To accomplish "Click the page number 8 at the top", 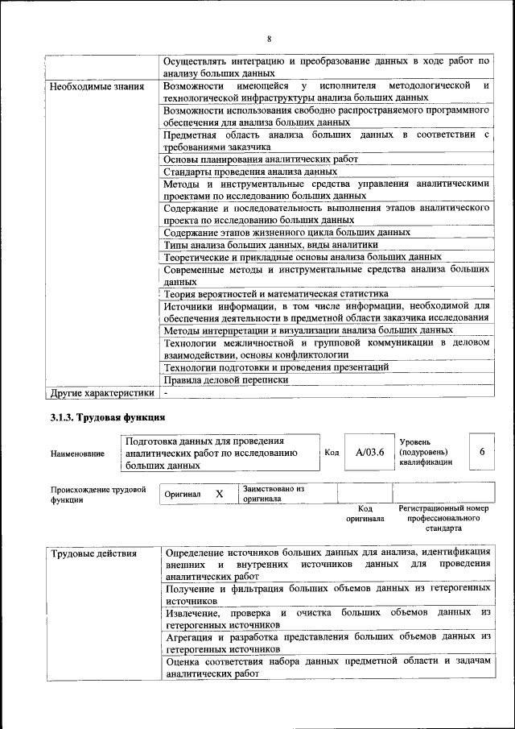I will click(x=269, y=38).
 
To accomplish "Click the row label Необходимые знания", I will click(x=97, y=85).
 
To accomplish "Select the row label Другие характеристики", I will click(x=101, y=393).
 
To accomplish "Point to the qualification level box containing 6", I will click(x=482, y=453).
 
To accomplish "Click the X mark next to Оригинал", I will click(x=219, y=493).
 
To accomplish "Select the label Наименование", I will click(x=77, y=454).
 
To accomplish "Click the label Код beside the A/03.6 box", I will click(x=331, y=453).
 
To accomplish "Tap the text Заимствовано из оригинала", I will click(x=273, y=493).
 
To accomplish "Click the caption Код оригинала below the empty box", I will click(x=365, y=514).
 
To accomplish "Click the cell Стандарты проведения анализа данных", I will click(x=249, y=171).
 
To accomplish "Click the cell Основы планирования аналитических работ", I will click(x=260, y=159).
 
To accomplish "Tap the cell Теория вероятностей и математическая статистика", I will click(x=275, y=294).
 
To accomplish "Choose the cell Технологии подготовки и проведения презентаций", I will click(x=275, y=367).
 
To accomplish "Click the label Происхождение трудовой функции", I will click(x=98, y=493).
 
